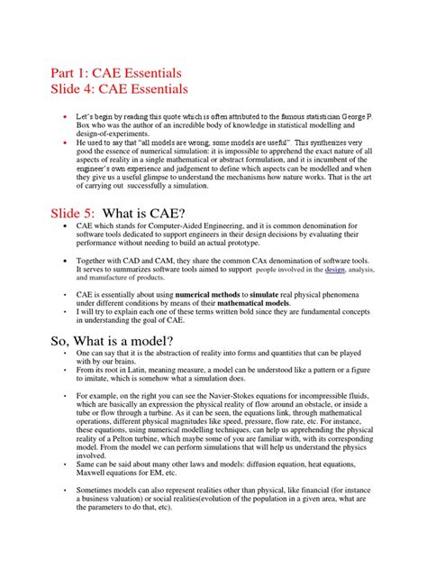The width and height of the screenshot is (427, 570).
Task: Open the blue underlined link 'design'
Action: (x=335, y=270)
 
